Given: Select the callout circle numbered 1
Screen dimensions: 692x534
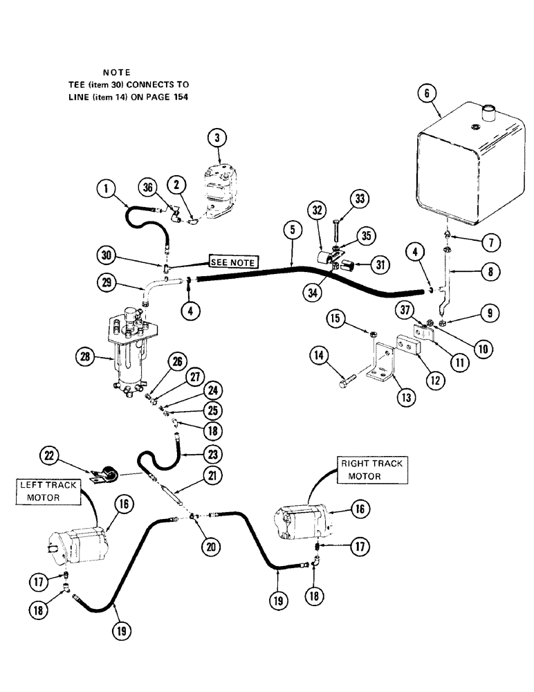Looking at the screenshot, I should point(105,186).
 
